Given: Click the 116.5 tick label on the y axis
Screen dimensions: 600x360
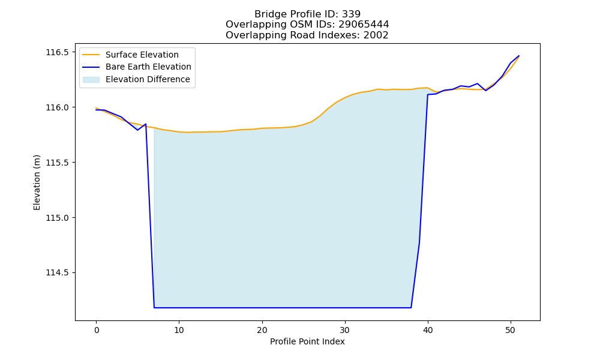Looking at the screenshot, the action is [x=58, y=52].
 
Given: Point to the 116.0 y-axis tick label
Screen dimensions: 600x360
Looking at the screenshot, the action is [x=58, y=107].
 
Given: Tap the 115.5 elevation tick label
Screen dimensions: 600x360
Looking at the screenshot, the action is [x=58, y=163].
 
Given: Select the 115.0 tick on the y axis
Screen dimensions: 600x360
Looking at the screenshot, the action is [x=58, y=218].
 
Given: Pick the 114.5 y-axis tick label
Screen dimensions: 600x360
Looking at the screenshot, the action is [x=58, y=273].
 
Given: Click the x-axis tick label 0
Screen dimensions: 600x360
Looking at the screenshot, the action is [x=96, y=331].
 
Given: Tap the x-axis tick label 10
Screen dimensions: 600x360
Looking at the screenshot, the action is [x=179, y=331].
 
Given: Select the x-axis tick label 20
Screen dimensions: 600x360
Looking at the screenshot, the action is [x=262, y=331].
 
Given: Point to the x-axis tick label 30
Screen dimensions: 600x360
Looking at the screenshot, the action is [x=345, y=331].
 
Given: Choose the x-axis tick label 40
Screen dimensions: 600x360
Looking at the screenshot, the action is [x=428, y=331].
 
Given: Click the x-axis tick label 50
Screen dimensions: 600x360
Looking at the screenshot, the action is [x=511, y=331].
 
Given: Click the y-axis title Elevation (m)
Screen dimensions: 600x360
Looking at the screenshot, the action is [x=37, y=182].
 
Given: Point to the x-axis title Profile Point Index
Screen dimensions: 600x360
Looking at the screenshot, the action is [x=307, y=341].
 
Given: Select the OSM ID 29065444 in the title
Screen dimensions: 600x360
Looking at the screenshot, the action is [x=364, y=25].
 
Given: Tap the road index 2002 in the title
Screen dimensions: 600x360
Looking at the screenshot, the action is [x=376, y=35].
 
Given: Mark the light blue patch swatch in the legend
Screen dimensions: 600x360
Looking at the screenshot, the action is [x=91, y=80].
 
